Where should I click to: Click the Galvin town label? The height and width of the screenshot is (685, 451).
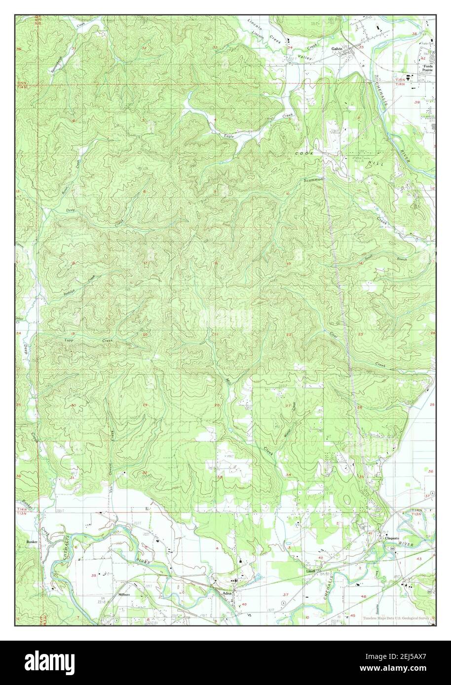pos(337,49)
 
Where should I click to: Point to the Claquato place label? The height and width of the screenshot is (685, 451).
pos(392,538)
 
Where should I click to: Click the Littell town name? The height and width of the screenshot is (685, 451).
pos(310,571)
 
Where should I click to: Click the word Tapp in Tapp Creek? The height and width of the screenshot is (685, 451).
pos(70,341)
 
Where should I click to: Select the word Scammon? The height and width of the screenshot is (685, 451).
pos(313,180)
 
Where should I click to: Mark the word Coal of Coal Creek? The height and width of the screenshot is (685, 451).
pos(334,335)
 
